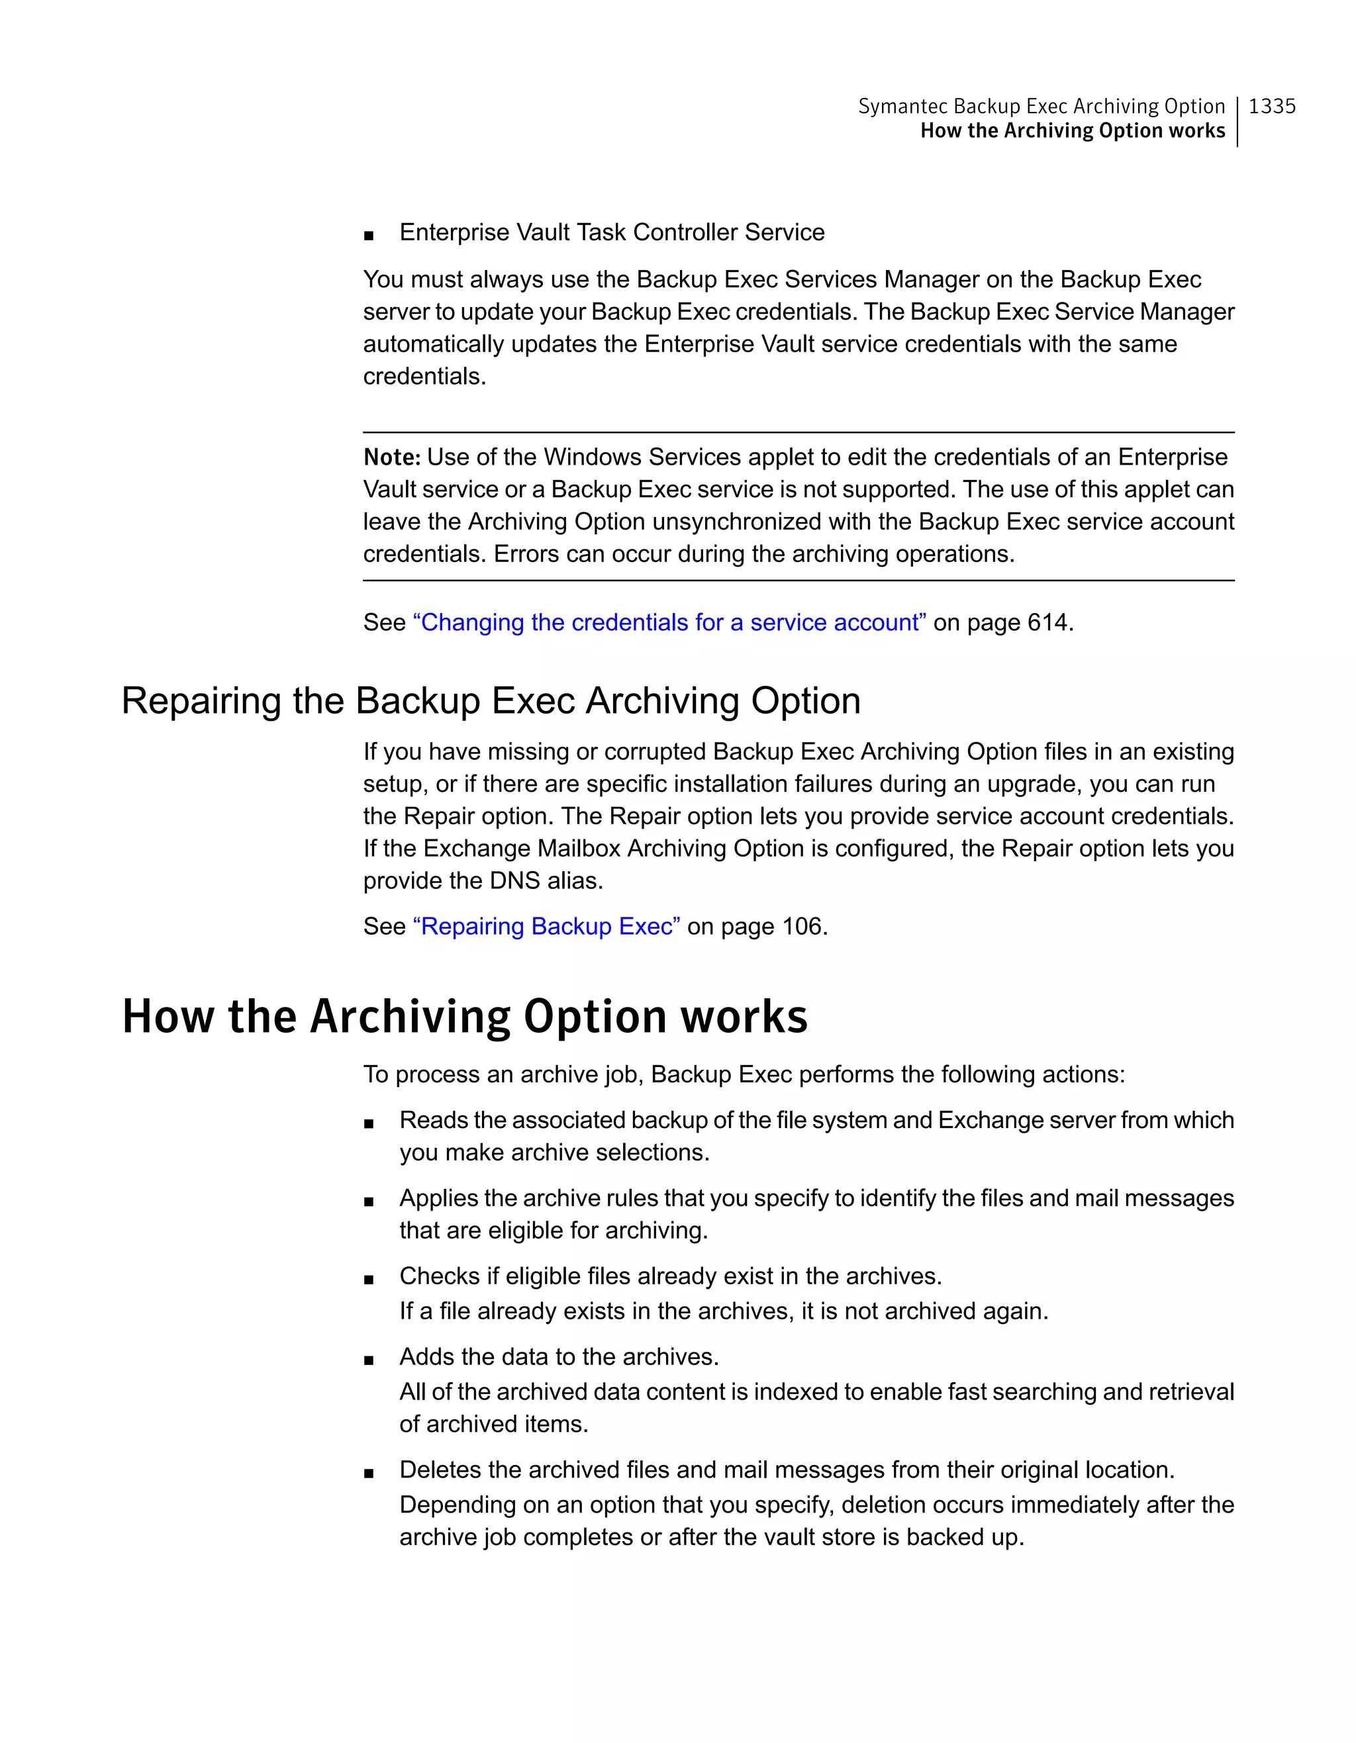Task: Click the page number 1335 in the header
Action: (1271, 106)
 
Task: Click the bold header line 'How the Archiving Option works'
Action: (1072, 131)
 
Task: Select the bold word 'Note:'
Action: (391, 457)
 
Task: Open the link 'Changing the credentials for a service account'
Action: (669, 622)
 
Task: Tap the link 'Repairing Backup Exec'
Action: (546, 927)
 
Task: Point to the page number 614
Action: (1047, 622)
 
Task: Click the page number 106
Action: (801, 927)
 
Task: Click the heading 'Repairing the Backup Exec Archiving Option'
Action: (491, 701)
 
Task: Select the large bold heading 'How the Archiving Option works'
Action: (465, 1017)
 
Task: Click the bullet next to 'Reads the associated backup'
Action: (368, 1123)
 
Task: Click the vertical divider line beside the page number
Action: (1237, 121)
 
